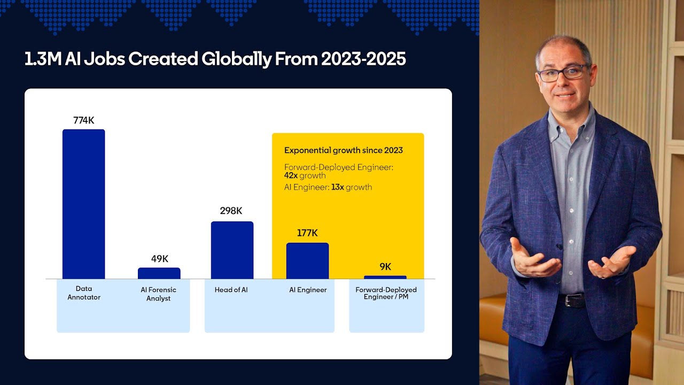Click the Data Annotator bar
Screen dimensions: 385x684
(x=83, y=204)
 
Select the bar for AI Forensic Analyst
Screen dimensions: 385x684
(x=159, y=273)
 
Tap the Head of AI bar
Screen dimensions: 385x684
(x=232, y=250)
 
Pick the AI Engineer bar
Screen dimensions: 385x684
(x=307, y=260)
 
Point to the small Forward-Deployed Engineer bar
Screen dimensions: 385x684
(x=385, y=277)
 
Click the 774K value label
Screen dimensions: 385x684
(x=83, y=120)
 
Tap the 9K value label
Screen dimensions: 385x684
(x=385, y=266)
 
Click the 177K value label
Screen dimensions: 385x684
(x=307, y=233)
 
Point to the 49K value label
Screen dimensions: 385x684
(x=159, y=259)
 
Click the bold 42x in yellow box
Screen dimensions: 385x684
(x=291, y=175)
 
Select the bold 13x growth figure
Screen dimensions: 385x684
(x=338, y=187)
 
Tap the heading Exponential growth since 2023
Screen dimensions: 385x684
(x=343, y=150)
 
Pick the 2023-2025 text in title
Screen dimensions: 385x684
(x=363, y=59)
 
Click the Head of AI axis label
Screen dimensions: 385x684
(x=231, y=290)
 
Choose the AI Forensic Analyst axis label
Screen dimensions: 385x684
(x=158, y=294)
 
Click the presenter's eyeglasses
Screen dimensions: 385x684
(x=562, y=73)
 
